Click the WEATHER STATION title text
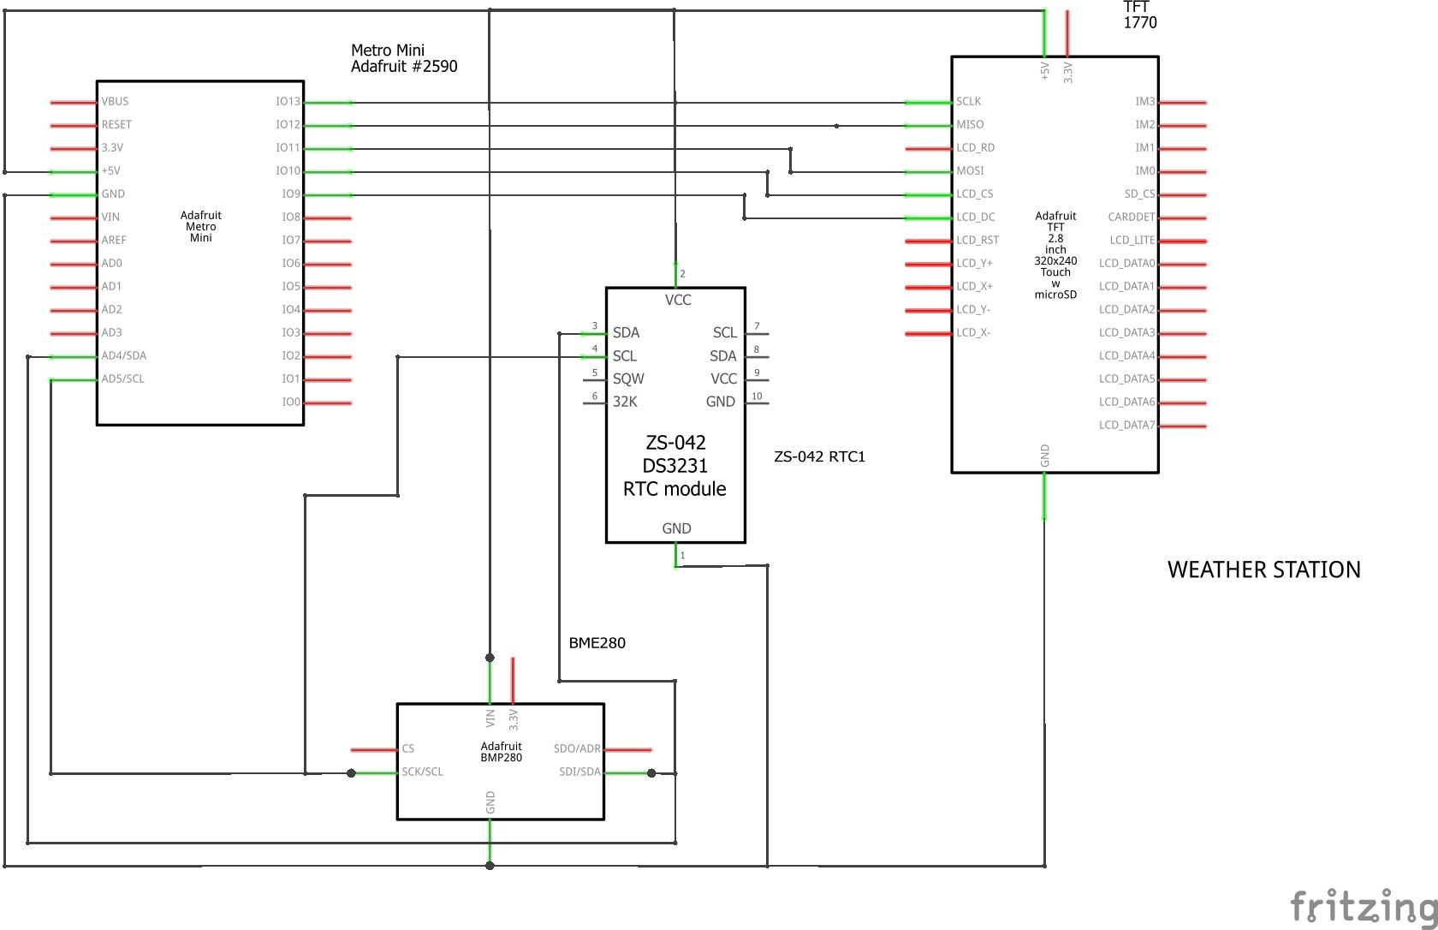click(x=1263, y=570)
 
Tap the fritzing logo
click(x=1363, y=906)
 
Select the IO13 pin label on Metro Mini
click(x=288, y=102)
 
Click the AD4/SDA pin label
click(x=124, y=356)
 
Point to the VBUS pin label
click(x=115, y=102)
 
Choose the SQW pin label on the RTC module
click(x=628, y=379)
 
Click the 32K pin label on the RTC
click(x=625, y=402)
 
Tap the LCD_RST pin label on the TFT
click(x=977, y=241)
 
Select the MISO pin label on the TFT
click(x=970, y=125)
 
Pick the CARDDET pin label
click(x=1131, y=218)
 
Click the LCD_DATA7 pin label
click(x=1126, y=426)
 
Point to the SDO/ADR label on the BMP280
click(x=577, y=749)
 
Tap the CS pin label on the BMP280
click(x=408, y=749)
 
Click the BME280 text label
click(x=597, y=643)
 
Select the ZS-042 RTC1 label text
click(x=819, y=457)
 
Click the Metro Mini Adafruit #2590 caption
click(x=403, y=58)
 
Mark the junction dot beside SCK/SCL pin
click(x=351, y=773)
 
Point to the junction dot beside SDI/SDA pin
click(x=651, y=773)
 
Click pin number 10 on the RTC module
click(x=757, y=396)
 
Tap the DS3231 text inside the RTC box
click(x=674, y=466)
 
